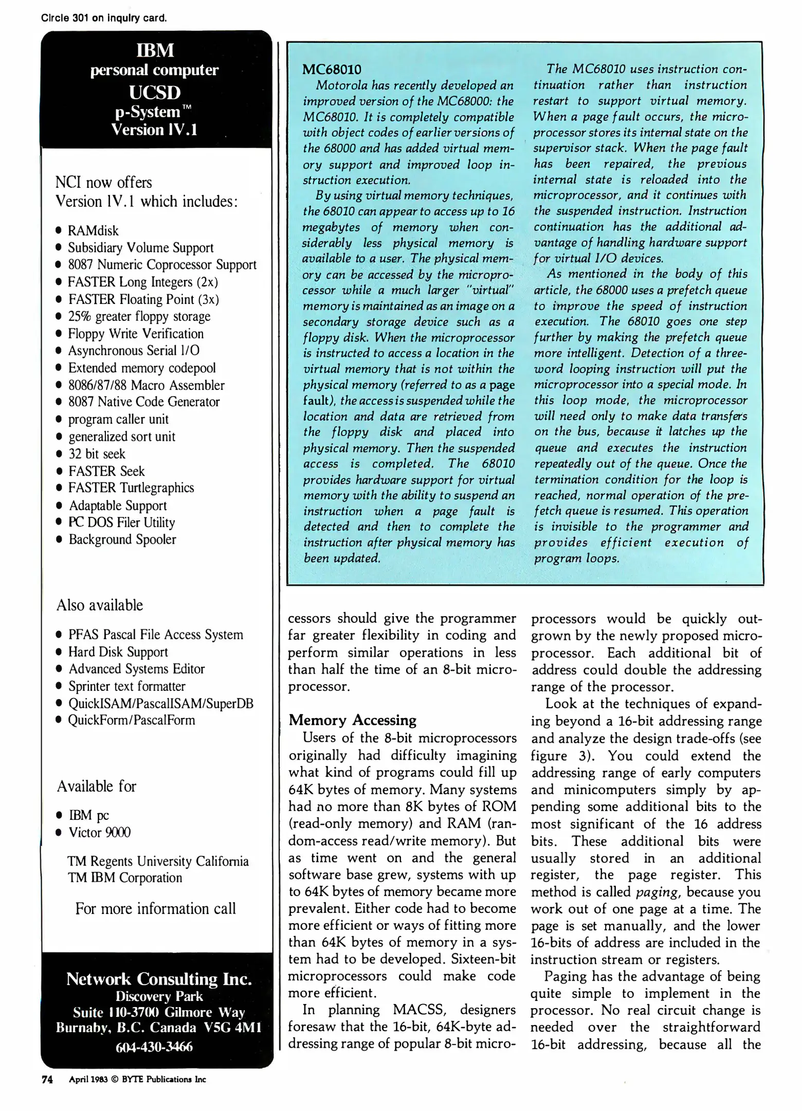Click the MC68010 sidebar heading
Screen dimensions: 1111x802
(x=332, y=69)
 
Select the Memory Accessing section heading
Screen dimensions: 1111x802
(x=352, y=720)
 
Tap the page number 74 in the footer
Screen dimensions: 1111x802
(x=47, y=1079)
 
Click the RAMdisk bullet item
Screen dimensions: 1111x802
(x=93, y=230)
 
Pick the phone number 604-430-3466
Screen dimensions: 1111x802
(x=154, y=1047)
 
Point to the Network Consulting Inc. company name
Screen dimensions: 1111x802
(x=159, y=979)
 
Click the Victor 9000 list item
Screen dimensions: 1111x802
(x=99, y=832)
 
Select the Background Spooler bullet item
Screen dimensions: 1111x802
(x=122, y=539)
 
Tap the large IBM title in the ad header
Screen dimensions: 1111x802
(x=155, y=50)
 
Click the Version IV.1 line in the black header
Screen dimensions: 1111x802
(x=154, y=129)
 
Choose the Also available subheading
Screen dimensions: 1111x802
(x=100, y=605)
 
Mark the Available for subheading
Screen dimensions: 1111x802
(x=96, y=786)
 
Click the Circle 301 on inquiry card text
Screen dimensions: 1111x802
(x=104, y=18)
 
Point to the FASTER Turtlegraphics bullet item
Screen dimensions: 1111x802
(x=131, y=488)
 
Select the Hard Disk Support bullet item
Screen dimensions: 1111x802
(x=118, y=652)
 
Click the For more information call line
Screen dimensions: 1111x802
(x=155, y=908)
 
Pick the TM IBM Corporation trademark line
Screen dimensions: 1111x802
(x=125, y=877)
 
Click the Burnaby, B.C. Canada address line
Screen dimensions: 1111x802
(x=159, y=1028)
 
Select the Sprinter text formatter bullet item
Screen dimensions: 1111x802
(x=127, y=686)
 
